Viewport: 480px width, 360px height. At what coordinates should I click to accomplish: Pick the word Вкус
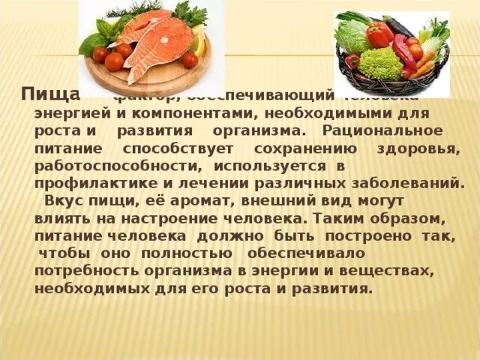tap(61, 202)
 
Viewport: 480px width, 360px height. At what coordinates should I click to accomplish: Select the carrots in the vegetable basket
tap(425, 64)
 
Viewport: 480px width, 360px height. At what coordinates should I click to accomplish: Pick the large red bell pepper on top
tap(379, 33)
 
